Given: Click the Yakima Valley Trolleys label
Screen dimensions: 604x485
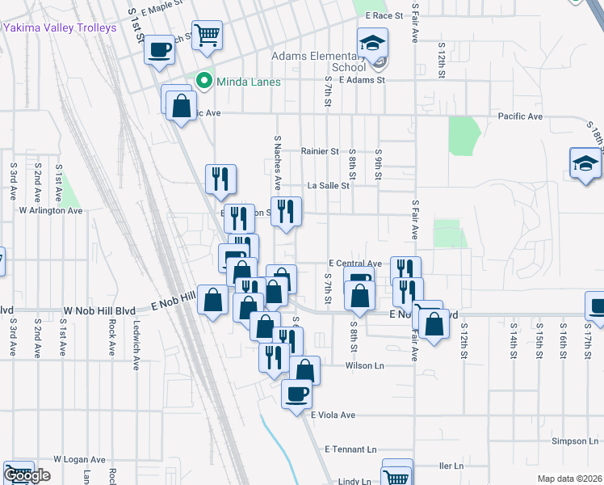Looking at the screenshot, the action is coord(61,27).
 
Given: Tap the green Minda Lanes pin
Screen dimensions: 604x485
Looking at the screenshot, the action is coord(204,81).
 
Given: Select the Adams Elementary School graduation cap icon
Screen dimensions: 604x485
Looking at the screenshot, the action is coord(373,43).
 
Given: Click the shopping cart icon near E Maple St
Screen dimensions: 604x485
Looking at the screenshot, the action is coord(208,35).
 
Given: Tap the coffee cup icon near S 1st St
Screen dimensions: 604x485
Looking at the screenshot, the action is coord(159,50).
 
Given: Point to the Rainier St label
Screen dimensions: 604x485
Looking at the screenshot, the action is coord(319,151).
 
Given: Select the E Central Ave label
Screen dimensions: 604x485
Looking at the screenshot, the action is coord(355,264).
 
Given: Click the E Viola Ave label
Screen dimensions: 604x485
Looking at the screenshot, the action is coord(333,415).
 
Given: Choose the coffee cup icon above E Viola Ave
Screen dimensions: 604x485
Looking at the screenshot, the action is coord(296,394).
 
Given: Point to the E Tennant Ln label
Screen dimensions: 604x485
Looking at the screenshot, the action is coord(350,449).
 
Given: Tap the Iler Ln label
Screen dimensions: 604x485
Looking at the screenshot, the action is coord(451,466).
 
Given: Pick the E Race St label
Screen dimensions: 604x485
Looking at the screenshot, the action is coord(384,15).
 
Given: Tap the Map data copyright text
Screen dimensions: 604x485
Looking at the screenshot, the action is coord(570,479).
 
